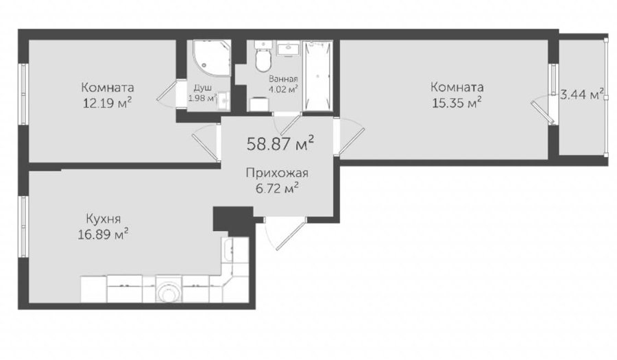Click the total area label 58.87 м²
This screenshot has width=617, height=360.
point(280,143)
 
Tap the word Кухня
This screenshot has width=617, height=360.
point(104,218)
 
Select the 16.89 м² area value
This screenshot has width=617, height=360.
point(104,235)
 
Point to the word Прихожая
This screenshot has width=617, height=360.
point(277,173)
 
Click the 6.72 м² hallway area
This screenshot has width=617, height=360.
point(277,189)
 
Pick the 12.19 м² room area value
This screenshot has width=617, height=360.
point(107,103)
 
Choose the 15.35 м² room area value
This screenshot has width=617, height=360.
point(457,103)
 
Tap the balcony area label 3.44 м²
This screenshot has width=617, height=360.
point(582,95)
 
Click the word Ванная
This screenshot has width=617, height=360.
point(283,79)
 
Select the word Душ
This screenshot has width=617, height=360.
point(203,87)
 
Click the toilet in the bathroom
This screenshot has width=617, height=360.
point(263,56)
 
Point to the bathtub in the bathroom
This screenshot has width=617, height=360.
point(318,75)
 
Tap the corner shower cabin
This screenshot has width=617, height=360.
point(211,58)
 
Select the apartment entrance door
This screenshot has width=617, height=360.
point(285,233)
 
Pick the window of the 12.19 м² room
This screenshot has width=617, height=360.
point(23,95)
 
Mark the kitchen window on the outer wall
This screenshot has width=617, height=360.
point(23,226)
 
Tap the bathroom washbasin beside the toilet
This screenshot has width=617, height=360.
point(288,49)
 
